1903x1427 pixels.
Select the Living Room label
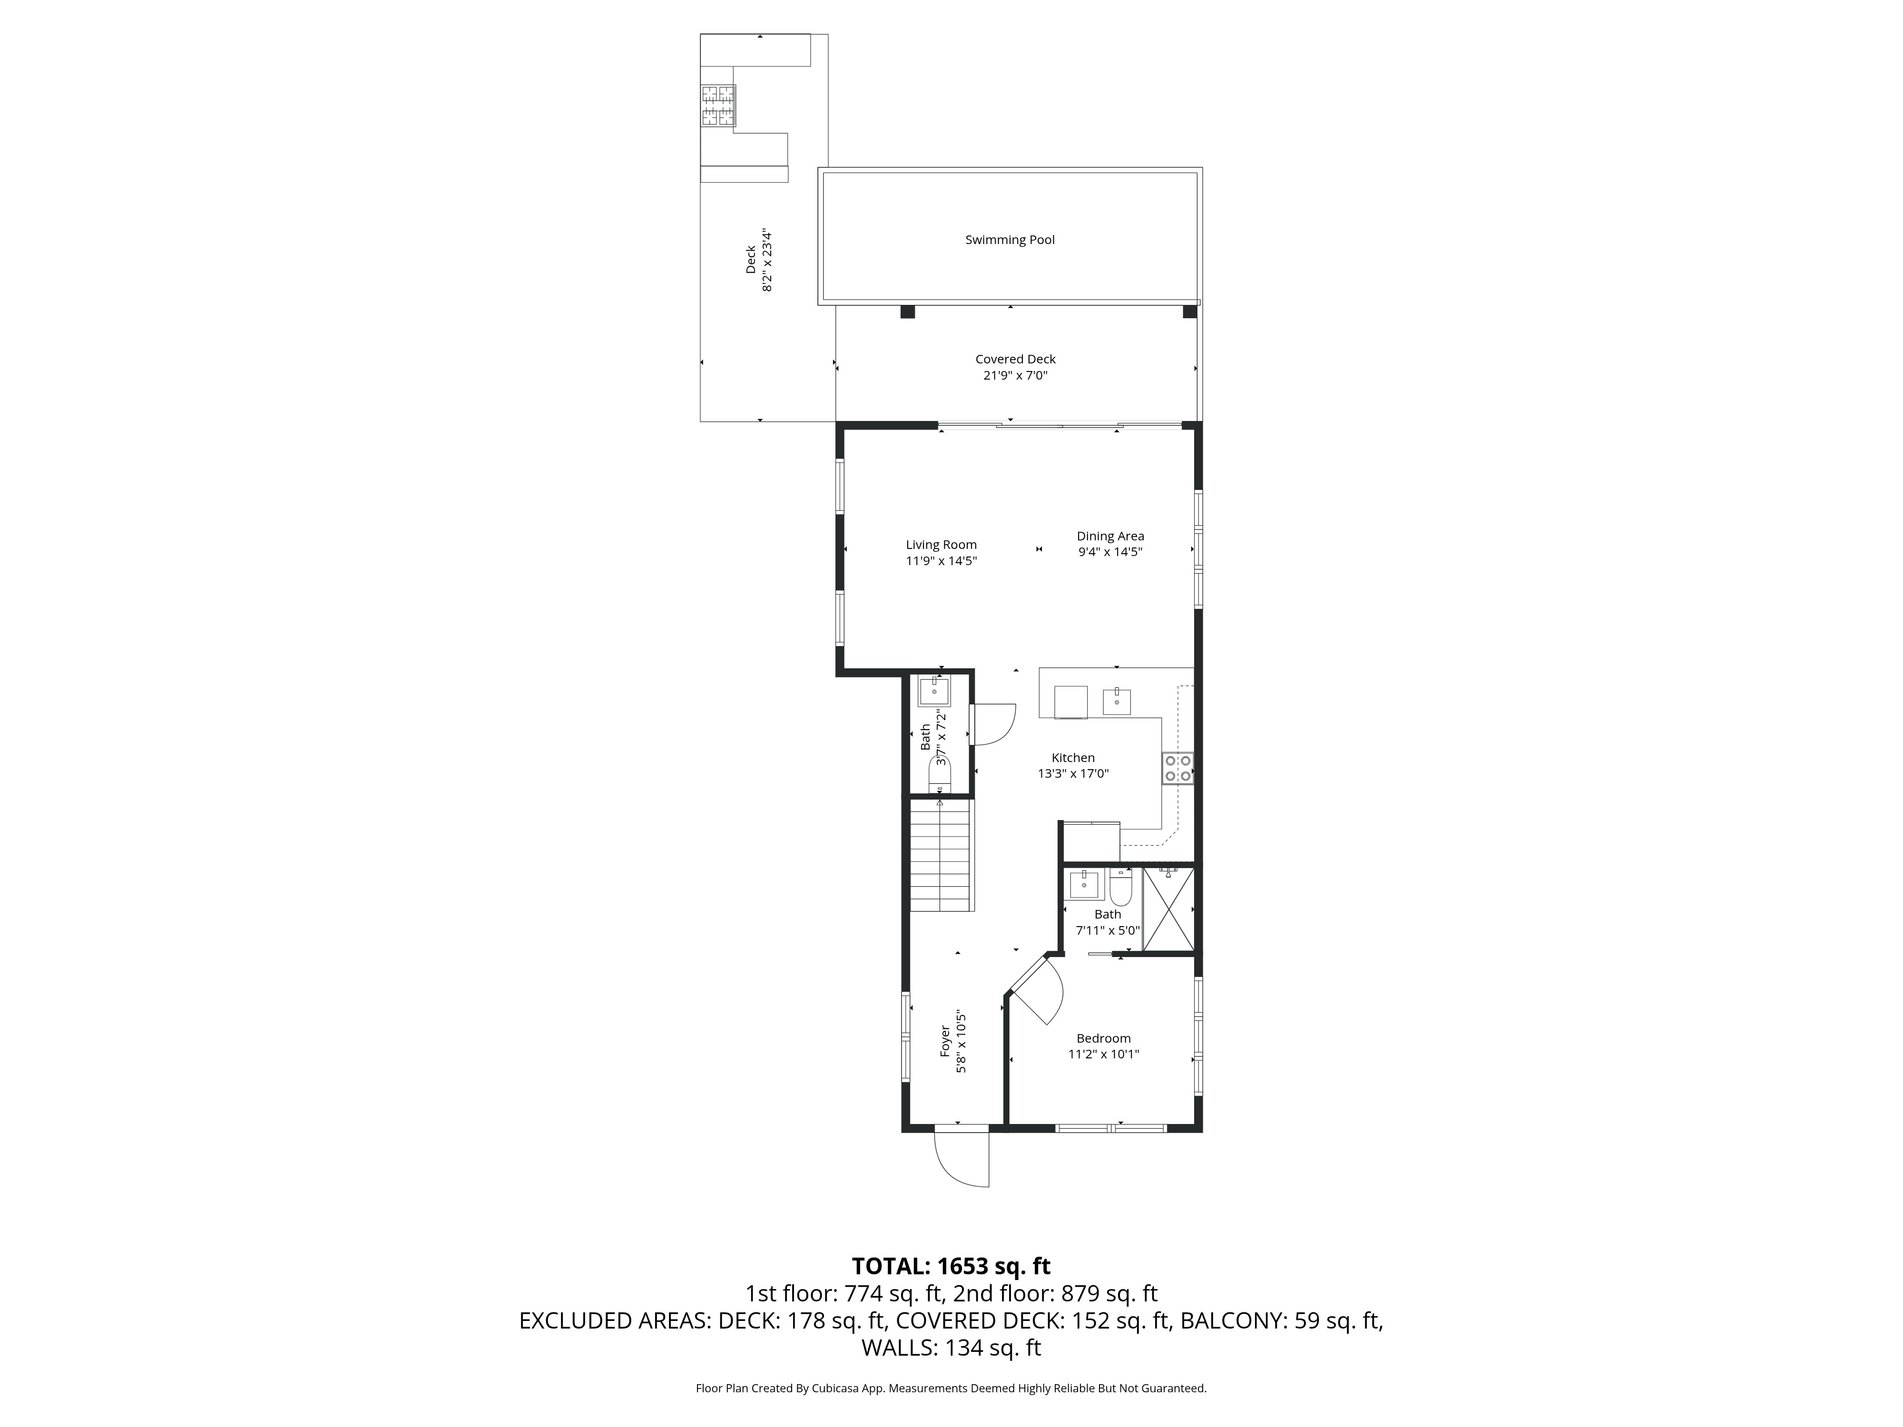pos(941,545)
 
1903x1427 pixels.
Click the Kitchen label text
pos(1073,758)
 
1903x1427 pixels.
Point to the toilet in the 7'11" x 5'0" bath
pos(1120,886)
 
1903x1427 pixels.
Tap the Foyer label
pos(945,1041)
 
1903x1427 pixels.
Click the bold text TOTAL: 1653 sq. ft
pos(951,1266)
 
